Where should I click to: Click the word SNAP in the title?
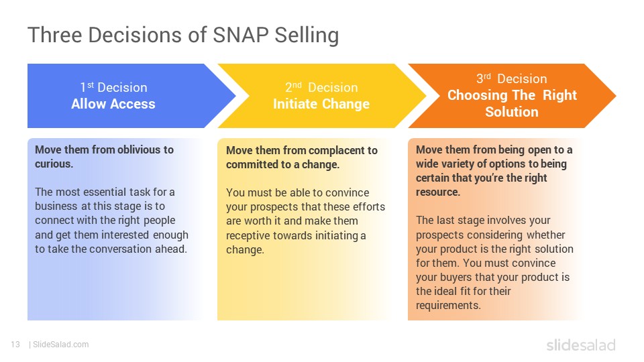pos(240,35)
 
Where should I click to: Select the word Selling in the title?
pos(307,36)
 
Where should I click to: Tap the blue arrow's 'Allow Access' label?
pos(113,104)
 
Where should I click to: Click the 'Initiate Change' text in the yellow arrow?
pos(321,105)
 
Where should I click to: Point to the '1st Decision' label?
pos(113,87)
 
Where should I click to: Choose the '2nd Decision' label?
pos(321,87)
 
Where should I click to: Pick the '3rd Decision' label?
pos(511,78)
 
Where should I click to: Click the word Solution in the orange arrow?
pos(512,112)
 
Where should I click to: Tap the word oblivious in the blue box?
pos(135,149)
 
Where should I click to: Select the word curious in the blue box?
pos(53,164)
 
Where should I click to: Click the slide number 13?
pos(15,345)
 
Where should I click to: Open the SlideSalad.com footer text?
pos(61,345)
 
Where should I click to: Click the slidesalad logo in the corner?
pos(581,345)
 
